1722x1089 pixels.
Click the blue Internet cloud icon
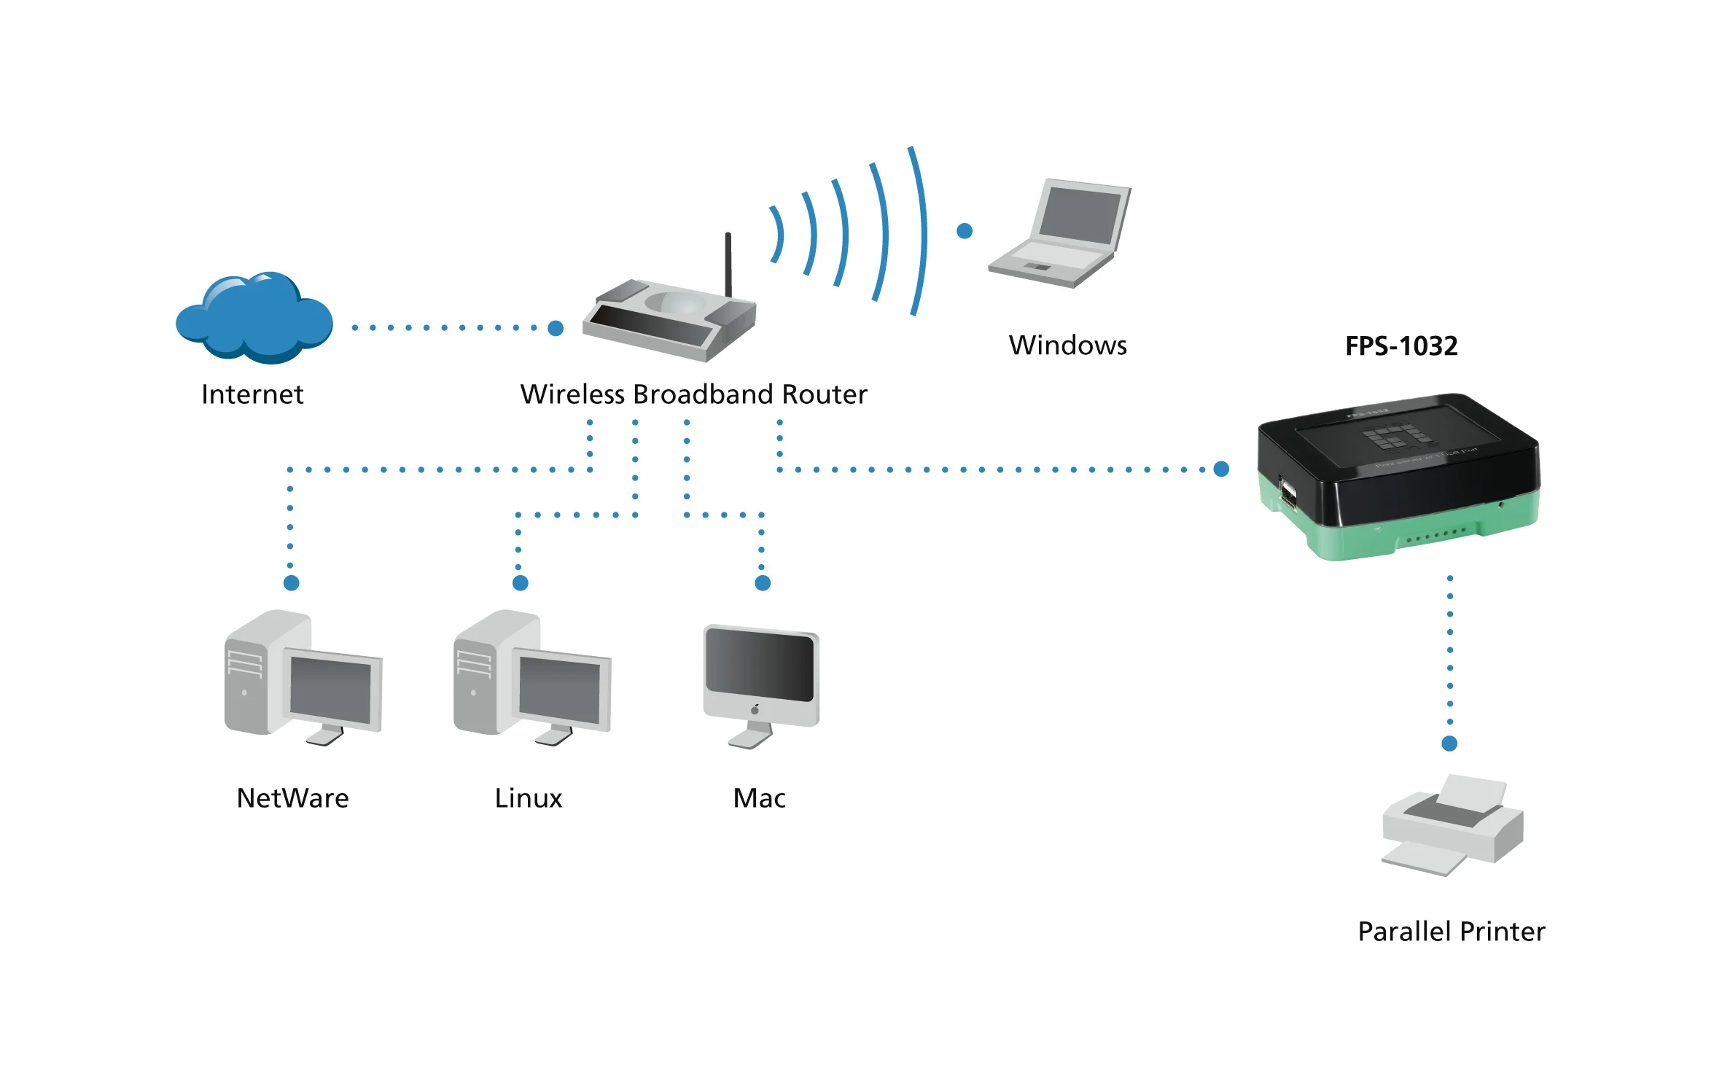tap(254, 319)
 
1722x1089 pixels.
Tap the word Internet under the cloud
tap(252, 394)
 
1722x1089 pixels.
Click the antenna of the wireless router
tap(728, 262)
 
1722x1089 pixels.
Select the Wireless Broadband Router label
tap(693, 394)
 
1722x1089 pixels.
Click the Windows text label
tap(1067, 346)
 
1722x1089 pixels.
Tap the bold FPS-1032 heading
tap(1400, 346)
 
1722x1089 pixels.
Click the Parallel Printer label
tap(1451, 932)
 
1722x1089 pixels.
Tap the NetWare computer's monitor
tap(332, 690)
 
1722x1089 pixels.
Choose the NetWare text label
tap(292, 798)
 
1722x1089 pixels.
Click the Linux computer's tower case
tap(478, 678)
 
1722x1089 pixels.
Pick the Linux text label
tap(528, 798)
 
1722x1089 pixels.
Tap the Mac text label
tap(759, 798)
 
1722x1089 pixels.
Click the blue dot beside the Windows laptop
tap(965, 231)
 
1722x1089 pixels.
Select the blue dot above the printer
tap(1449, 743)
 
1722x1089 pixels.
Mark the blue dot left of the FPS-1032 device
tap(1222, 469)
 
